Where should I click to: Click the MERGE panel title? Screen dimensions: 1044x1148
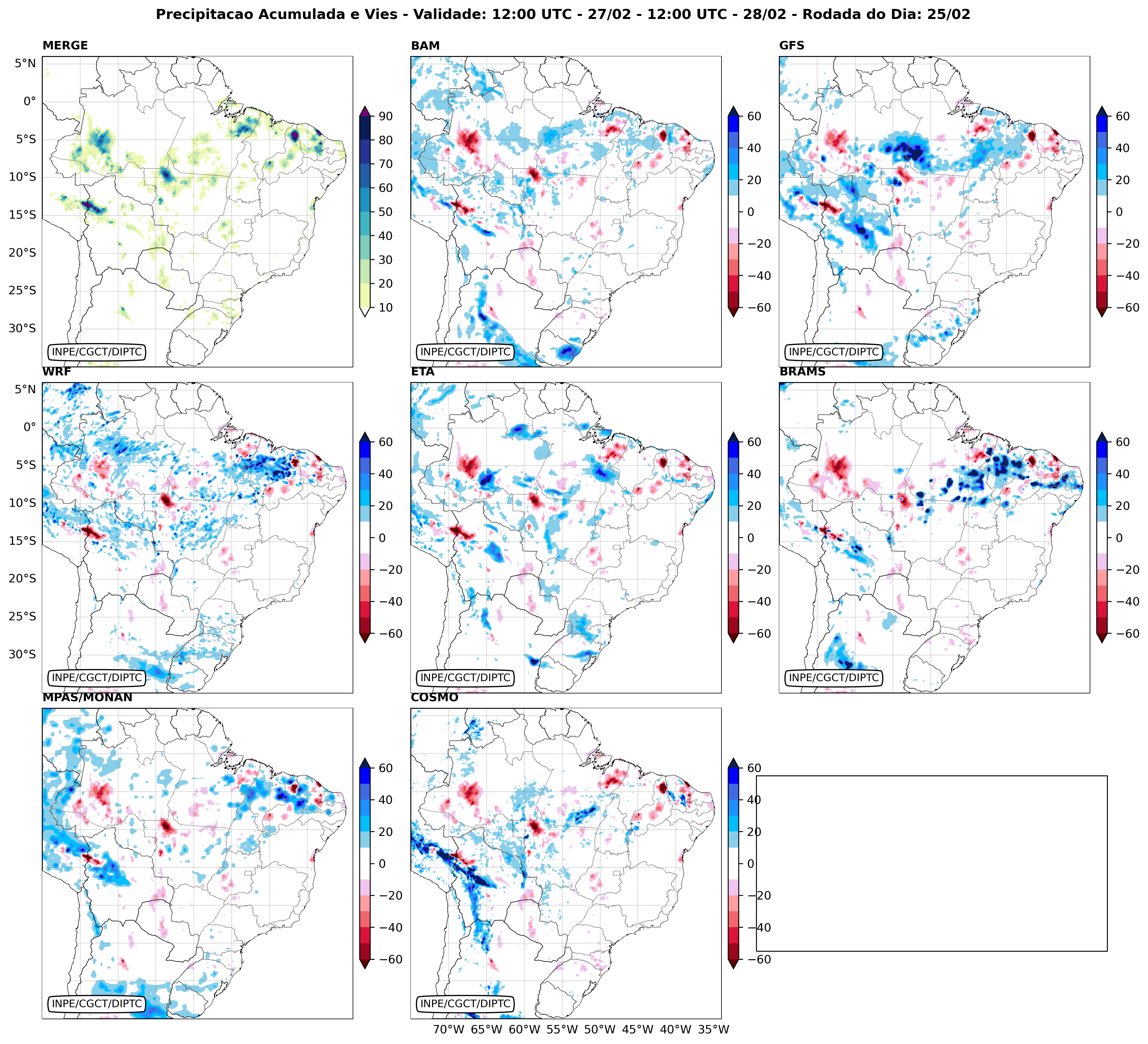pyautogui.click(x=65, y=45)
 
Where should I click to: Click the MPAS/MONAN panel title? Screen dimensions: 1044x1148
pyautogui.click(x=87, y=697)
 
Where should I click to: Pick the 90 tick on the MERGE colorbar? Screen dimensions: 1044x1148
pyautogui.click(x=386, y=116)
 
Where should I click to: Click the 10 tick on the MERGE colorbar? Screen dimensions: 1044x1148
pyautogui.click(x=386, y=307)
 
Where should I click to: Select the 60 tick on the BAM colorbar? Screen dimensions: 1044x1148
pyautogui.click(x=754, y=116)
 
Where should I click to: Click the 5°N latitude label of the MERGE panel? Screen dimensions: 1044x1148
pyautogui.click(x=25, y=63)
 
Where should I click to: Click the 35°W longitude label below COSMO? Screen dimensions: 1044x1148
pyautogui.click(x=714, y=1029)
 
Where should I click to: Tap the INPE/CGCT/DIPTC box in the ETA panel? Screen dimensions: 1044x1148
pyautogui.click(x=465, y=677)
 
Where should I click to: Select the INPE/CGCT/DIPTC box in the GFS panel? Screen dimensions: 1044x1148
pyautogui.click(x=834, y=352)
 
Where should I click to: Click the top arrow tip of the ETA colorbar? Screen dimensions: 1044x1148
pyautogui.click(x=733, y=433)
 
